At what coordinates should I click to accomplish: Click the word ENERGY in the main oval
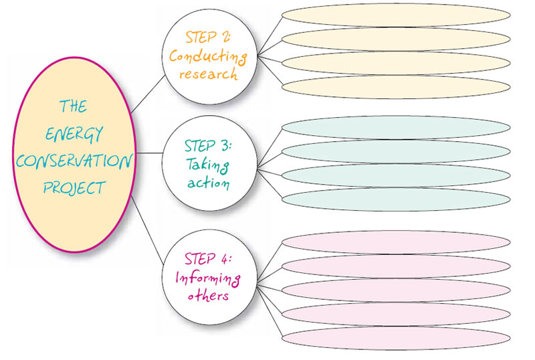tap(74, 133)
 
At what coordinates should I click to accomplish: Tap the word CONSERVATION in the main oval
tap(74, 161)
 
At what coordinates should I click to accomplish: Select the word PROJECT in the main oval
tap(74, 187)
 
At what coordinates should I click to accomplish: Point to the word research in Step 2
tap(209, 74)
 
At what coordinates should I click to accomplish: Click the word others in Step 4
tap(208, 294)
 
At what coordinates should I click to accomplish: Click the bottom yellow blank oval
tap(396, 86)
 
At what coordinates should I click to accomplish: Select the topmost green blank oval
tap(396, 128)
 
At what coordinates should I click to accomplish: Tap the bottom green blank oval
tap(396, 199)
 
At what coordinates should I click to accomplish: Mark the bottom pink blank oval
tap(396, 337)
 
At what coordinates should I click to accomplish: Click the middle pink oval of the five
tap(396, 290)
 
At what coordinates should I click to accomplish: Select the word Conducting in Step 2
tap(208, 56)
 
